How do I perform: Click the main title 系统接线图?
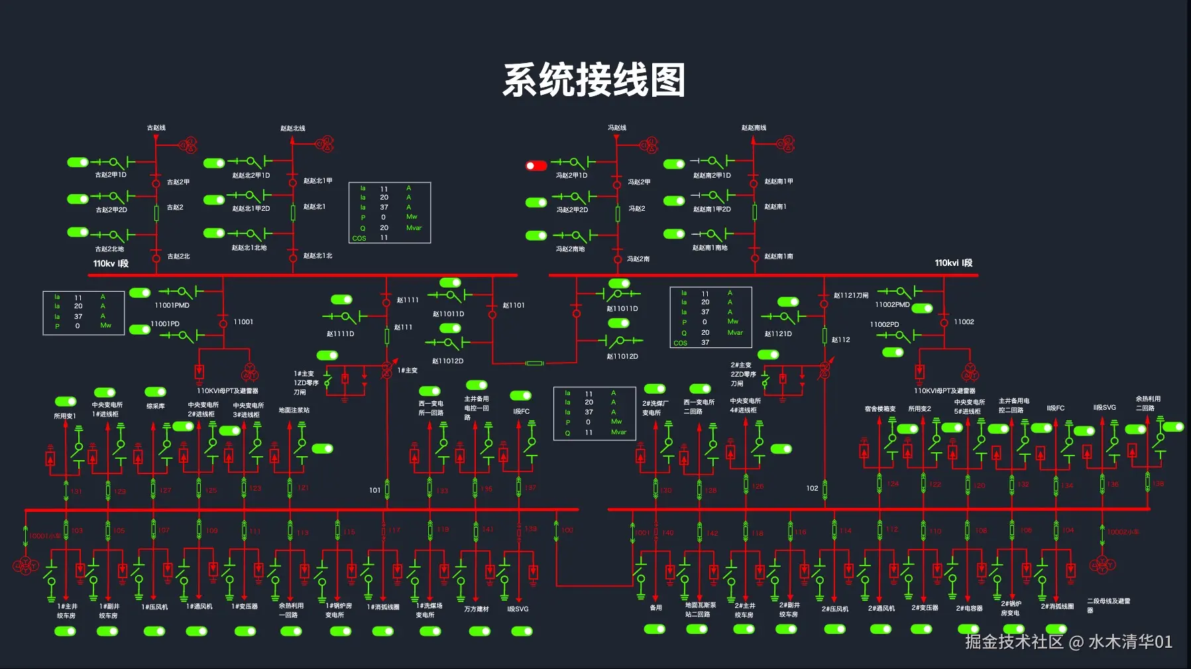click(594, 80)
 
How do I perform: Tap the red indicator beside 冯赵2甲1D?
click(536, 165)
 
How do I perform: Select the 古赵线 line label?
click(156, 127)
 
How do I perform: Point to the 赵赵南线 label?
click(754, 127)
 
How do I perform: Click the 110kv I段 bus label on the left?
click(111, 263)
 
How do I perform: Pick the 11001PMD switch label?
click(172, 305)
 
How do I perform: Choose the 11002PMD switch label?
click(892, 304)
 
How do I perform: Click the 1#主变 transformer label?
click(408, 370)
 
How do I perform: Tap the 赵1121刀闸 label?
click(850, 295)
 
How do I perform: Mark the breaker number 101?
click(375, 490)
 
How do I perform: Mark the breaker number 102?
click(812, 488)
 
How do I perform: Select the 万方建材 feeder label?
click(476, 609)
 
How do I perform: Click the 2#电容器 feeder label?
click(969, 608)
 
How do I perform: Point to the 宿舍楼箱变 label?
click(879, 408)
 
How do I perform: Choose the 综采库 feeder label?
click(155, 406)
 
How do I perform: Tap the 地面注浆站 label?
click(294, 410)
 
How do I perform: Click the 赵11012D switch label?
click(447, 361)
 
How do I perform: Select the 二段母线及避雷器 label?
click(1108, 605)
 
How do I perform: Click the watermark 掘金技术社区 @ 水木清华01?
click(1068, 641)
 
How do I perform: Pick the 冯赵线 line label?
click(617, 127)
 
